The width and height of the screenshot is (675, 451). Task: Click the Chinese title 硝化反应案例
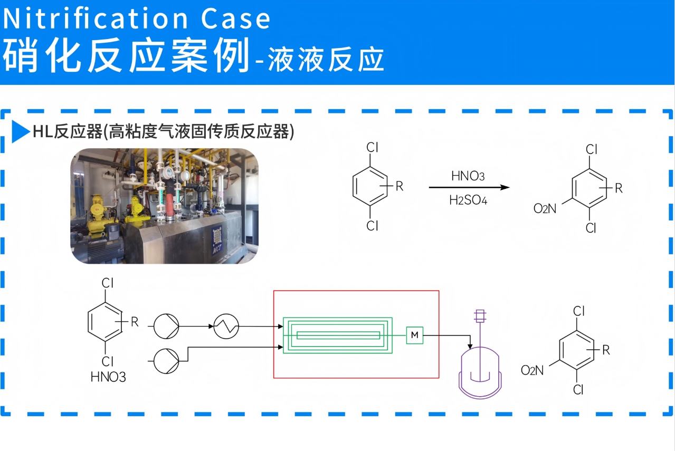pyautogui.click(x=126, y=56)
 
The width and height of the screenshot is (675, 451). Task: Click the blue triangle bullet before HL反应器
pyautogui.click(x=21, y=131)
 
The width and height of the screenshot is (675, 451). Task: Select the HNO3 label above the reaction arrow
pyautogui.click(x=468, y=176)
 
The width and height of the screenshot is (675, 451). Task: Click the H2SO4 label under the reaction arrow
pyautogui.click(x=468, y=200)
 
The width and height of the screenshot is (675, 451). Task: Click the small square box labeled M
pyautogui.click(x=415, y=335)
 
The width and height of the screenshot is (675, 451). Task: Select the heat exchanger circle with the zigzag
pyautogui.click(x=226, y=327)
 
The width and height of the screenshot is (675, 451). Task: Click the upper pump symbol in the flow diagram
pyautogui.click(x=167, y=327)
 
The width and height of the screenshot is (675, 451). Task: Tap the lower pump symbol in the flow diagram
pyautogui.click(x=167, y=361)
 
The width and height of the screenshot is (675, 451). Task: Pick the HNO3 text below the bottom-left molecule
pyautogui.click(x=108, y=377)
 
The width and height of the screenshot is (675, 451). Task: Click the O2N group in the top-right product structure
pyautogui.click(x=545, y=209)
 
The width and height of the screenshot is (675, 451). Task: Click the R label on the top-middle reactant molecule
pyautogui.click(x=400, y=186)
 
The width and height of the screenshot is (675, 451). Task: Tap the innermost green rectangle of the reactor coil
pyautogui.click(x=338, y=335)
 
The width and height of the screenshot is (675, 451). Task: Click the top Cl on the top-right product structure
pyautogui.click(x=591, y=149)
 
